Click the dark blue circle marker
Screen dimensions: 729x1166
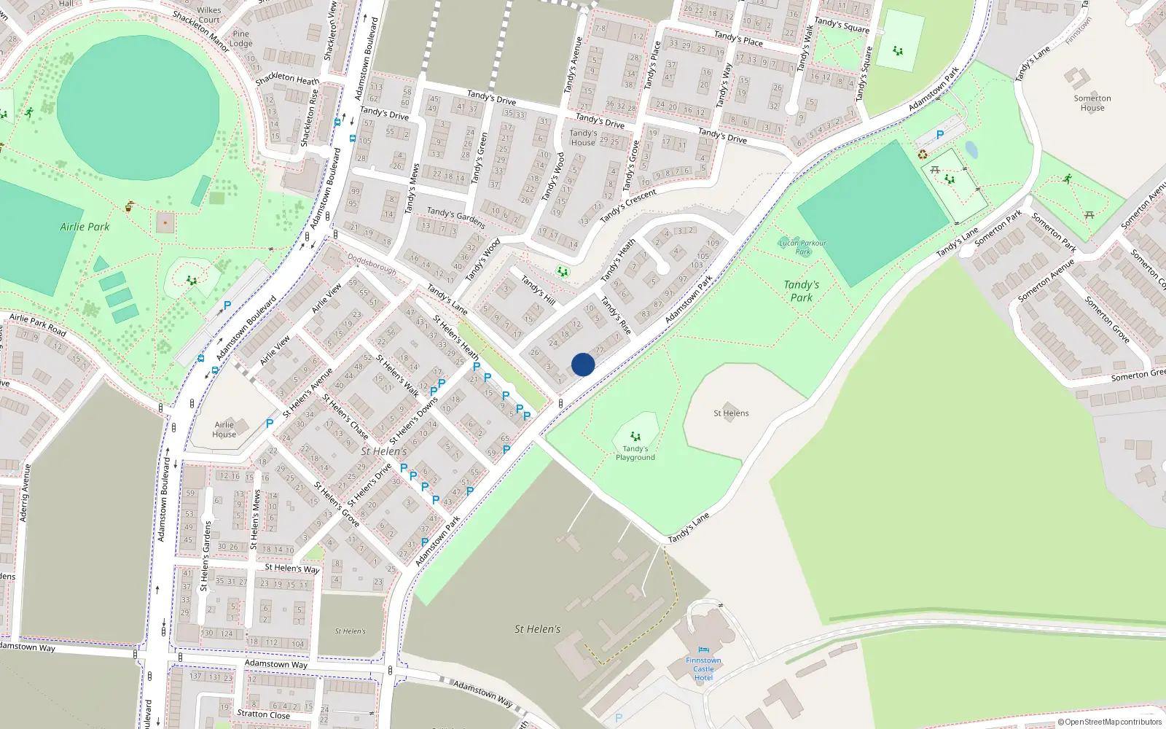click(x=583, y=364)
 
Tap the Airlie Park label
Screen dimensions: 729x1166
click(x=85, y=227)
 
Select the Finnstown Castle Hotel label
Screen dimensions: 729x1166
click(x=703, y=668)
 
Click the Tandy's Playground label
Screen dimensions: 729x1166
click(x=635, y=453)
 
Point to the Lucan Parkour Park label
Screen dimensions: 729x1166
click(x=803, y=247)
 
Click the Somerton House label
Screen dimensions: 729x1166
click(x=1092, y=103)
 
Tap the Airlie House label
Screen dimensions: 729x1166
click(x=224, y=429)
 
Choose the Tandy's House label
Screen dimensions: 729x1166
click(x=583, y=138)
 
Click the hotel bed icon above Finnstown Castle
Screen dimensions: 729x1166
click(x=703, y=650)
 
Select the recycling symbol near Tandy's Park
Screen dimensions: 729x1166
click(x=923, y=155)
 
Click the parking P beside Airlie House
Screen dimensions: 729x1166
click(x=270, y=423)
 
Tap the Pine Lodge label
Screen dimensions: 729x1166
click(x=240, y=39)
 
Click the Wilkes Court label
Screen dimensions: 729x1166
click(x=209, y=15)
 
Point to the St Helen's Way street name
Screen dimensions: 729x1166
click(x=291, y=568)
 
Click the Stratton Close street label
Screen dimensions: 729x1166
click(x=263, y=714)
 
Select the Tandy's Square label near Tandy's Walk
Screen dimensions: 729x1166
click(x=842, y=25)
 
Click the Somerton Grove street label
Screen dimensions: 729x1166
click(x=1106, y=319)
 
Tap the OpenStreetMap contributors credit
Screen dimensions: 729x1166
click(x=1109, y=722)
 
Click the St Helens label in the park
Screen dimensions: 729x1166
click(x=731, y=413)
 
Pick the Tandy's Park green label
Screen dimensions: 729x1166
click(x=801, y=291)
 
